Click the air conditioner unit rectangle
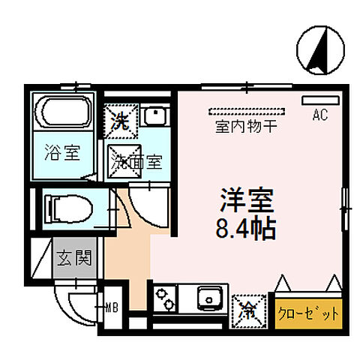pyautogui.click(x=316, y=100)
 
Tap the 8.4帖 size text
pyautogui.click(x=246, y=226)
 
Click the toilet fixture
pyautogui.click(x=67, y=206)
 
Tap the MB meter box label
pyautogui.click(x=112, y=305)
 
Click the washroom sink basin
pyautogui.click(x=156, y=116)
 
